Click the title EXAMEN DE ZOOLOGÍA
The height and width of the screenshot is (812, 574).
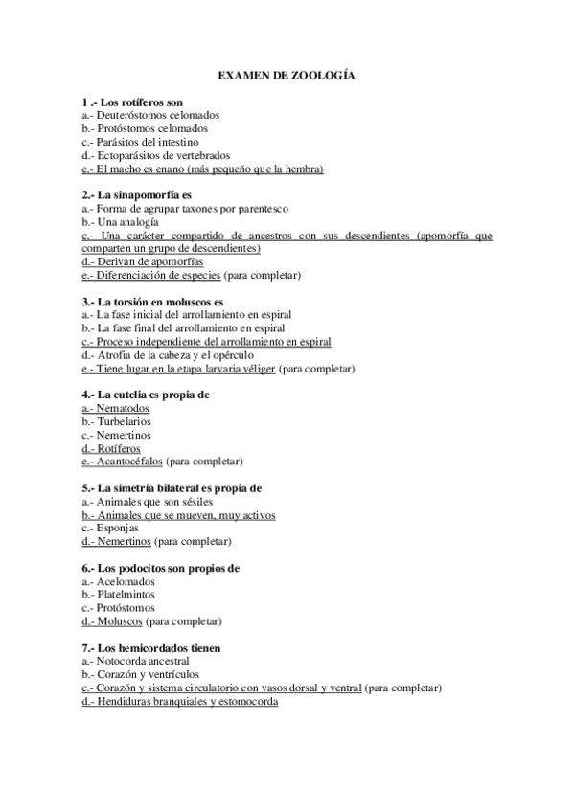(287, 74)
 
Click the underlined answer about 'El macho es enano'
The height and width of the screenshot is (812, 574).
(203, 169)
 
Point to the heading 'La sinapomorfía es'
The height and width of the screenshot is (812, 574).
(138, 195)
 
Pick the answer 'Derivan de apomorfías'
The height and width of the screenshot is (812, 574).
(144, 261)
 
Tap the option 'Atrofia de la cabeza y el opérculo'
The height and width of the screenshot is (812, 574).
(168, 355)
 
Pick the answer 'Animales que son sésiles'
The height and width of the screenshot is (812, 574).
(148, 501)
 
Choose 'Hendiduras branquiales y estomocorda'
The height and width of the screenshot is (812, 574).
(180, 701)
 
